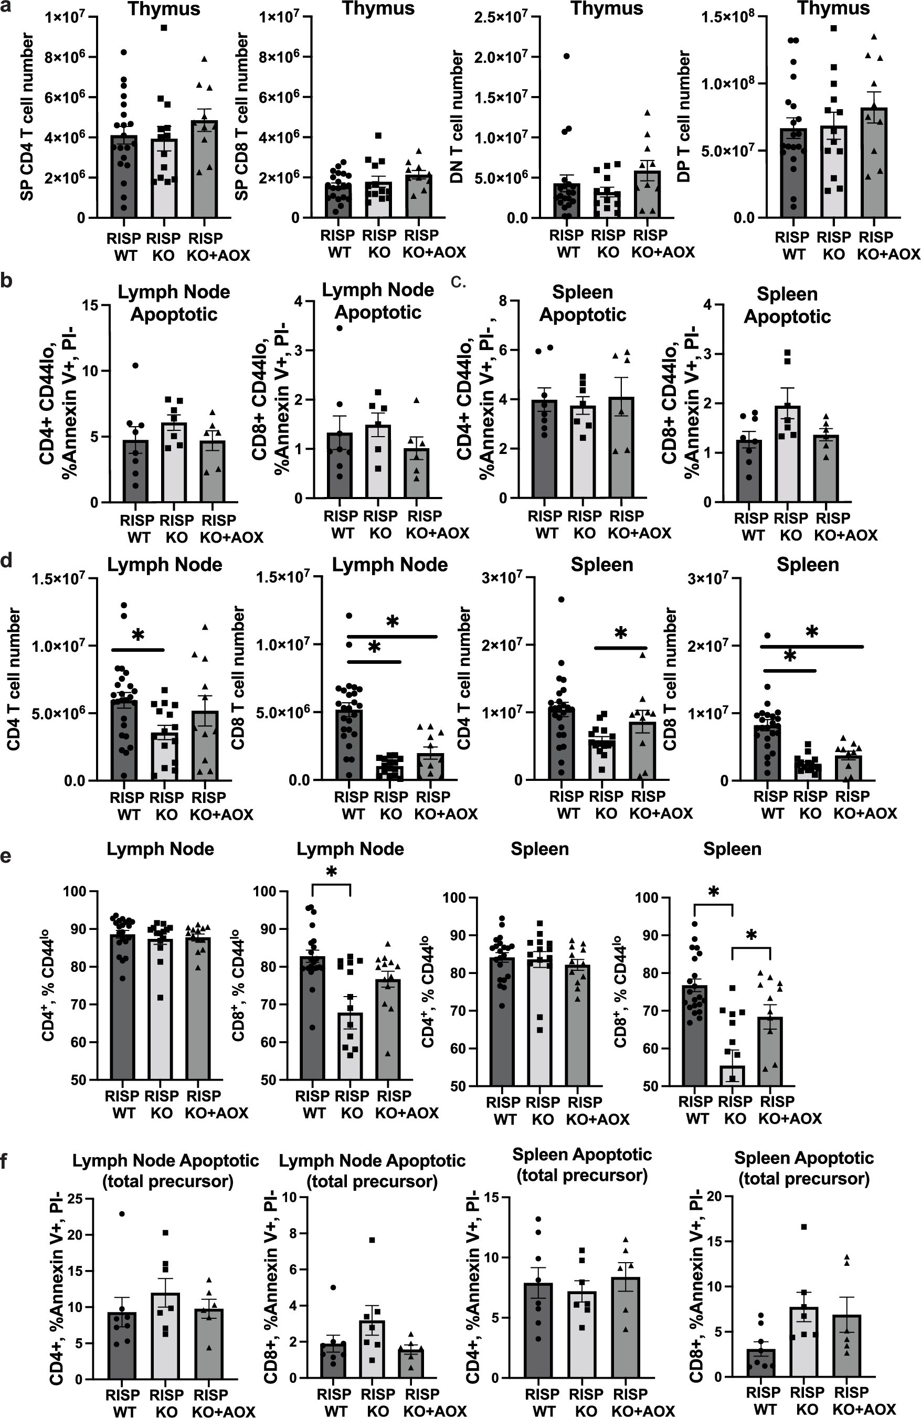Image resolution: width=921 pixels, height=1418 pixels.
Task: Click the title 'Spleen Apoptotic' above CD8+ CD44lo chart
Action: pyautogui.click(x=787, y=305)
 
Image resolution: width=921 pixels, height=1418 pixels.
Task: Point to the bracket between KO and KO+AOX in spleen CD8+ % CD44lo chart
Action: pyautogui.click(x=751, y=948)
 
